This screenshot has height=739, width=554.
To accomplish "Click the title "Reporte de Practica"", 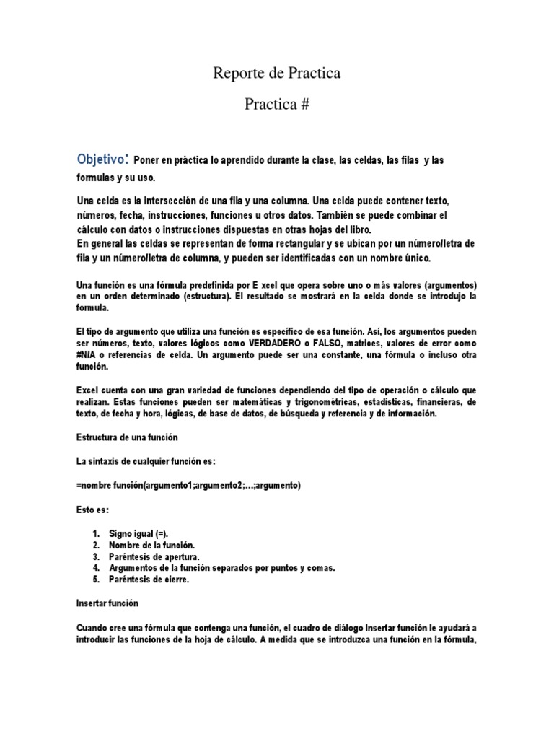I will pyautogui.click(x=276, y=74).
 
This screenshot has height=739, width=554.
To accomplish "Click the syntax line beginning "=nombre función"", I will pyautogui.click(x=188, y=486).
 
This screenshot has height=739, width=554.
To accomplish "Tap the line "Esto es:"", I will pyautogui.click(x=92, y=510).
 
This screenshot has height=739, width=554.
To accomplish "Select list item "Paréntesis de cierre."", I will pyautogui.click(x=149, y=580).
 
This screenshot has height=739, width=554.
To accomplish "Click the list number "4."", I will pyautogui.click(x=97, y=568).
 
